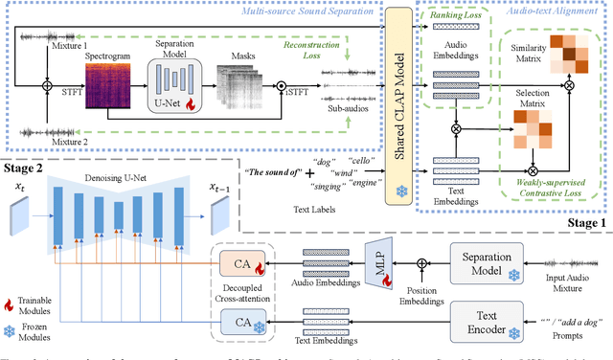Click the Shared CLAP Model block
click(x=397, y=101)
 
